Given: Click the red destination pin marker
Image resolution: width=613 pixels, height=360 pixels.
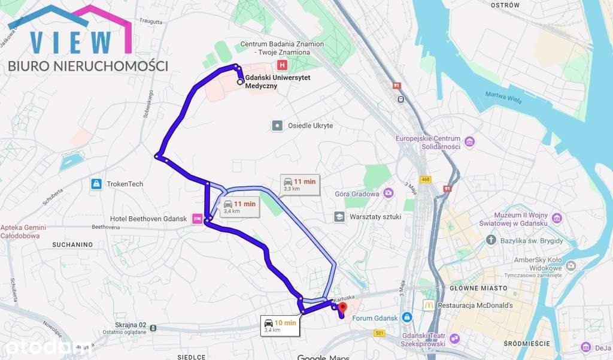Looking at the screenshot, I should pos(342,308).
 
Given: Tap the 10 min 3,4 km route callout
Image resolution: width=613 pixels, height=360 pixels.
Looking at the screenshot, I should pos(280,326).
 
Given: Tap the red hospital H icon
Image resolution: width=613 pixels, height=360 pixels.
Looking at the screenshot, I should pos(281,65).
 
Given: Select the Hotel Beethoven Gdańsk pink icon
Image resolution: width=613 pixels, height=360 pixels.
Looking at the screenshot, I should pos(197,219).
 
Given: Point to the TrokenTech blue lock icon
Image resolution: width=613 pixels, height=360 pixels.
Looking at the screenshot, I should pos(95,184).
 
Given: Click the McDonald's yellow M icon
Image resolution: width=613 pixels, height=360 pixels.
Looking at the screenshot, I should pos(429,304).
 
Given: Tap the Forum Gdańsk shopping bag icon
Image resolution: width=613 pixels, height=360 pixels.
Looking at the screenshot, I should pos(407,316).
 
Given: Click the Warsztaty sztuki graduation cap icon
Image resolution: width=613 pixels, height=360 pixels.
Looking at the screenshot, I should pos(339,216).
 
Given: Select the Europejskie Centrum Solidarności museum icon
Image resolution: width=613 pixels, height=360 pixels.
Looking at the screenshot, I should pos(469,142).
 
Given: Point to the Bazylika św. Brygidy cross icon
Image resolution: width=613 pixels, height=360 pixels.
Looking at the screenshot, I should pos(491,240).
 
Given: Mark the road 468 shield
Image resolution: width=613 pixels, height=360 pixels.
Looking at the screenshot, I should pos(426,179).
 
